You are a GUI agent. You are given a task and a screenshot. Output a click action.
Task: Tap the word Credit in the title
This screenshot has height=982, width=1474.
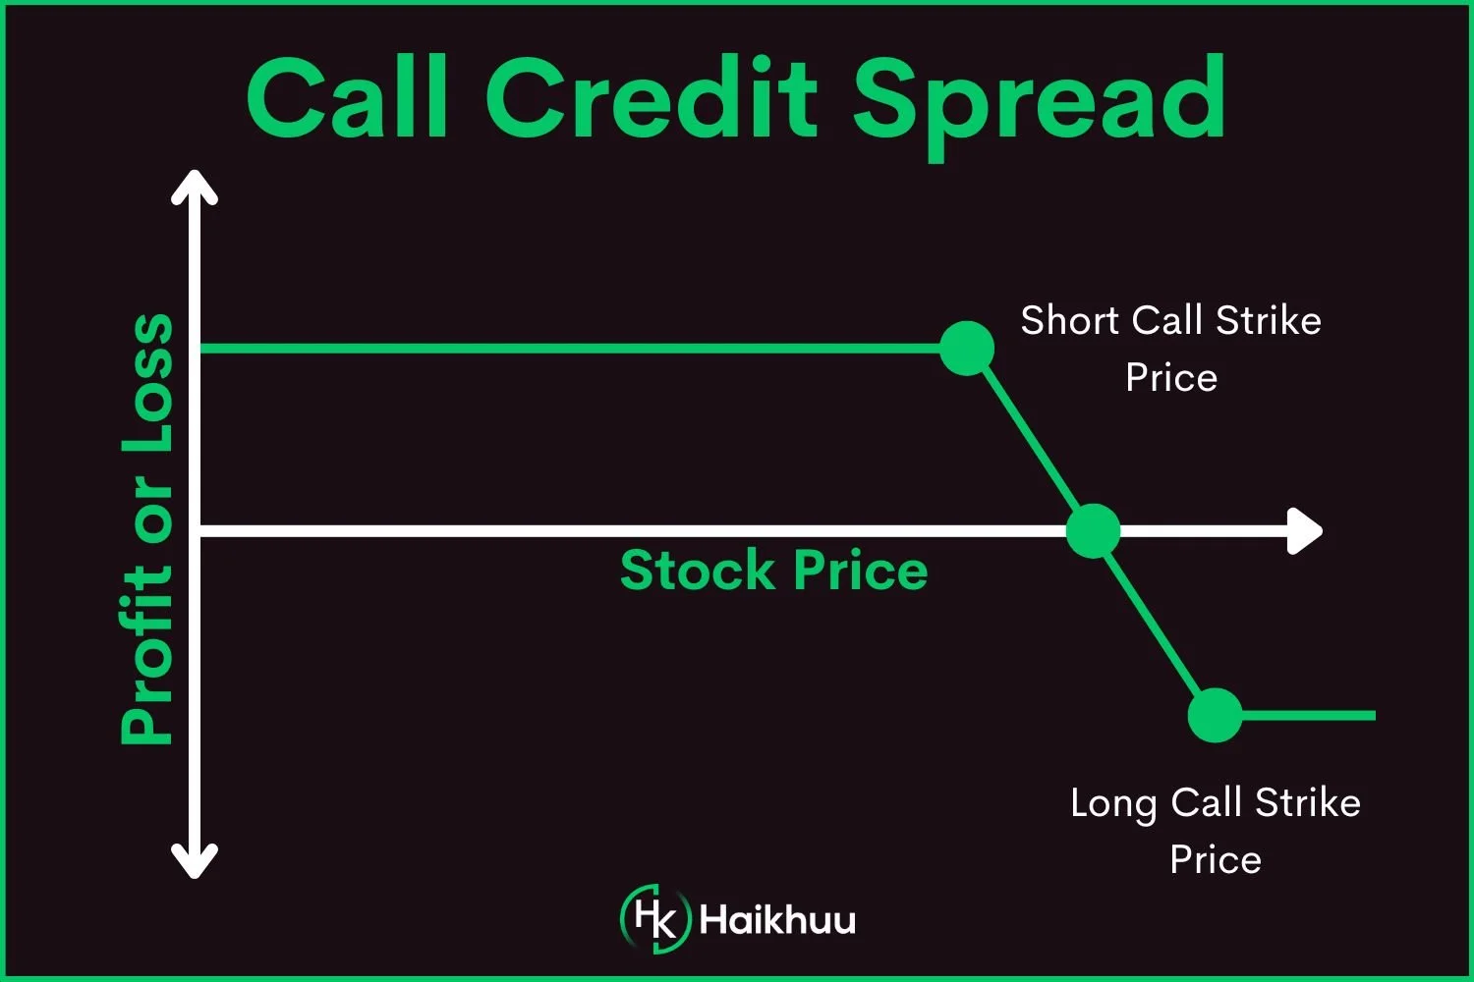652,98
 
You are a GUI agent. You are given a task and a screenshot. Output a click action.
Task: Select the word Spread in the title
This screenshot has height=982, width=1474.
1039,103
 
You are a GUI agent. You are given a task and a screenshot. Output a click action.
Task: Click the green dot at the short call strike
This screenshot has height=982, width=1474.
967,348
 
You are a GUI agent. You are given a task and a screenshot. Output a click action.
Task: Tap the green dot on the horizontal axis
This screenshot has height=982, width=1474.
1093,531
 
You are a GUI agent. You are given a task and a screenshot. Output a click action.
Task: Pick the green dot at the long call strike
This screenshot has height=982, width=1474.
1216,715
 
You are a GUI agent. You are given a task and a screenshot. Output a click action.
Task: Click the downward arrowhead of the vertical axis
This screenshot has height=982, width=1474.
195,862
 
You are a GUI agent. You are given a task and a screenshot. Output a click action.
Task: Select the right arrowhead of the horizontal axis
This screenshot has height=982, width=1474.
1306,531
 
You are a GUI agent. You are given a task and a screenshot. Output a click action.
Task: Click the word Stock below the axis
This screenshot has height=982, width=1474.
698,571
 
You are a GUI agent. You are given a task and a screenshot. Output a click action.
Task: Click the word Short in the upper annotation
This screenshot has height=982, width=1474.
1070,320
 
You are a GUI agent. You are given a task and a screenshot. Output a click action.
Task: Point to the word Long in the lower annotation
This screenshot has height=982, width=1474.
1113,803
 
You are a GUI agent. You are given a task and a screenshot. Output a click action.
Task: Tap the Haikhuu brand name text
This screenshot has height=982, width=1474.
777,920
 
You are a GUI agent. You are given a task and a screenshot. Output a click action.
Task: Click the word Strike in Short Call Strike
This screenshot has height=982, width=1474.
1269,320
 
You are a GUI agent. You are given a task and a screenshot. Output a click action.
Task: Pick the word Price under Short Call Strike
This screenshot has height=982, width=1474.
1171,378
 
